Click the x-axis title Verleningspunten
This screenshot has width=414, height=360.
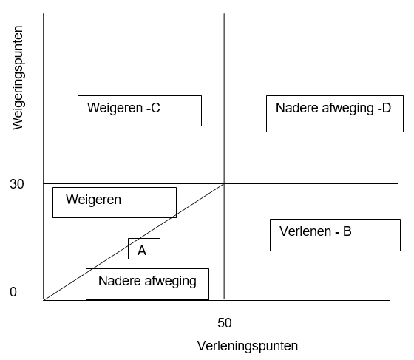(248, 346)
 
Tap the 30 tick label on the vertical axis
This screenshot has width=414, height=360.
(18, 184)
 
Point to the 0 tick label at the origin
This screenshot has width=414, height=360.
(13, 293)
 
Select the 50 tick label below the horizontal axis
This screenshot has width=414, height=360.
(225, 323)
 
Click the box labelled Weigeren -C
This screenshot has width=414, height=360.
(139, 110)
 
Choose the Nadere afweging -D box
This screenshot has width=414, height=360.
(333, 113)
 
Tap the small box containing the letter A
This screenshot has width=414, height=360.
(143, 249)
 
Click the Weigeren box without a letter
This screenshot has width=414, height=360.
(114, 202)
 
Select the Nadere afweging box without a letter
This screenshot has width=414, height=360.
(147, 284)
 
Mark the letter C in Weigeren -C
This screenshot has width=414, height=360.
(155, 109)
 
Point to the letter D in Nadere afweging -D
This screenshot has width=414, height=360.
(386, 108)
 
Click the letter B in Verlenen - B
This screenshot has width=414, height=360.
(347, 231)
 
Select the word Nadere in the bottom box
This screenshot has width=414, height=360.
(115, 281)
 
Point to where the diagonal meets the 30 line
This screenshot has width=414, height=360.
(224, 183)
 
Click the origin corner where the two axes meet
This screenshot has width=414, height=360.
(44, 300)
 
